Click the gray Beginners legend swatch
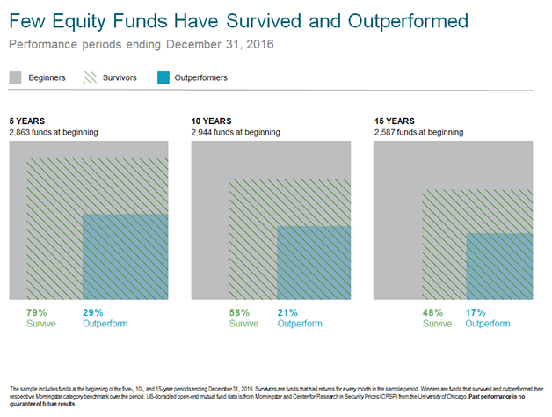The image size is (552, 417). click(x=15, y=77)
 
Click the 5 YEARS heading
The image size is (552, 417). click(x=26, y=121)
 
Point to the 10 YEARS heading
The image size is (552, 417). click(x=211, y=121)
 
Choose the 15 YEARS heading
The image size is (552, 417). click(x=394, y=121)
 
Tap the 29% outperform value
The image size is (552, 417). click(x=93, y=312)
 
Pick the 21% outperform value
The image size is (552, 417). click(x=288, y=312)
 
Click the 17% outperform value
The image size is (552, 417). click(x=476, y=312)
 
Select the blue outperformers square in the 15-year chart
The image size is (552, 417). click(x=499, y=267)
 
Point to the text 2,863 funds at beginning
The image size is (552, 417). click(x=53, y=133)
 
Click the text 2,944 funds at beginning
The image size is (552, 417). click(x=236, y=133)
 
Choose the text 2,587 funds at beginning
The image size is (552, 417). click(x=418, y=133)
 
